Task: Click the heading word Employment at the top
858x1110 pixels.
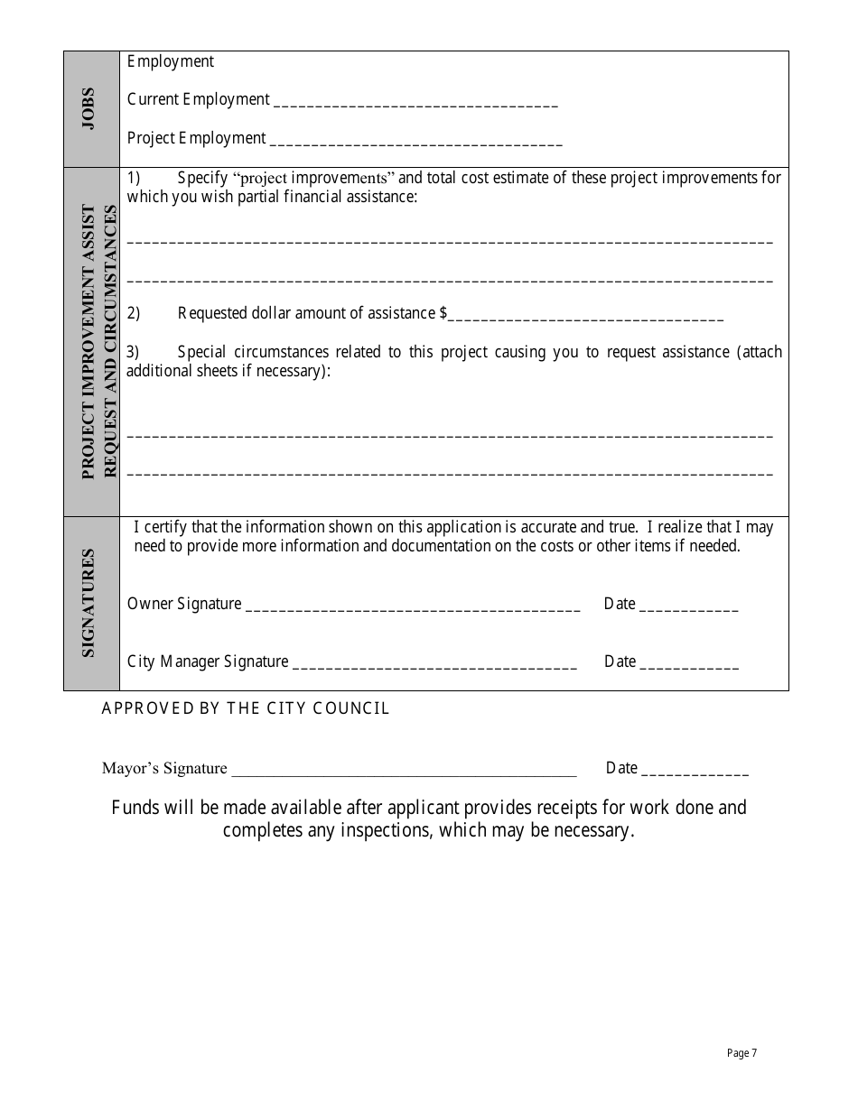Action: click(171, 61)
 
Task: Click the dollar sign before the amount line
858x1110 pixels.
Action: click(443, 313)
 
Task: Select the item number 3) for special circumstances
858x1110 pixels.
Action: click(133, 352)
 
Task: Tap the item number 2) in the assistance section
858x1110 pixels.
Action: click(133, 313)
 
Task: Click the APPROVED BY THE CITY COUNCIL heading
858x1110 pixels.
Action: click(246, 708)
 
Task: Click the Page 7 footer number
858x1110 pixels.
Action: click(741, 1053)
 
